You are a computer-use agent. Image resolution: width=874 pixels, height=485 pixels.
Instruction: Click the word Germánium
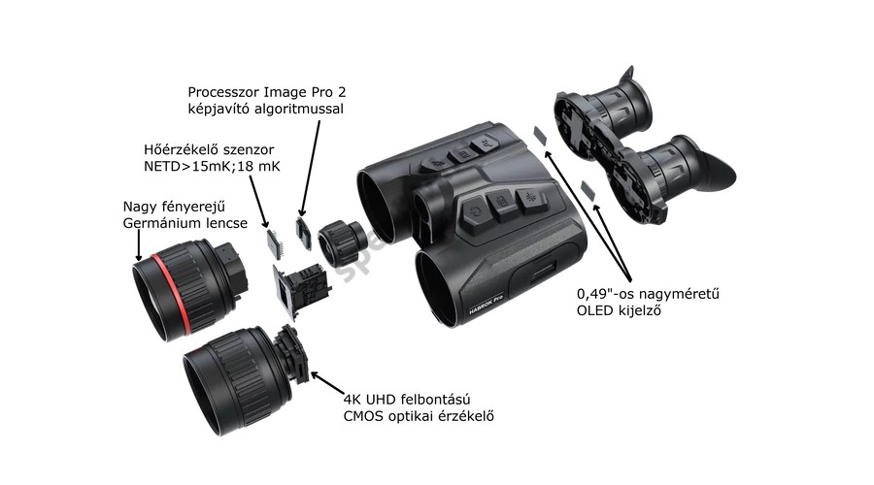pos(161,224)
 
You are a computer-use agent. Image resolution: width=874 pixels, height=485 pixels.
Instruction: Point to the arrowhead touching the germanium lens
pos(138,255)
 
